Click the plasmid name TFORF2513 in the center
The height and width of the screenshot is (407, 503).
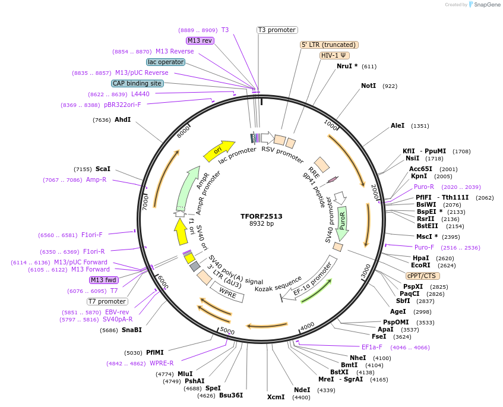tap(262, 216)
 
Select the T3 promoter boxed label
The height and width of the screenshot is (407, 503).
tap(277, 30)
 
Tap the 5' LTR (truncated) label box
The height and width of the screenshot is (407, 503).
tap(329, 45)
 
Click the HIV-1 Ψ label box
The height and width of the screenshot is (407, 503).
tap(335, 55)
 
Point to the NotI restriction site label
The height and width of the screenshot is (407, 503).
tap(368, 86)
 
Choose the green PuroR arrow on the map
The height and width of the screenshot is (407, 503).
tap(342, 221)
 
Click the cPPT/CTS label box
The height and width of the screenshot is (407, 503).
tap(422, 276)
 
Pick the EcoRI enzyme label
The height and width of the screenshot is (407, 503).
tap(420, 266)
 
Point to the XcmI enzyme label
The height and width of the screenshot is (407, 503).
tap(276, 396)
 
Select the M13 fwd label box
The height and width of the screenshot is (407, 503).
tap(103, 280)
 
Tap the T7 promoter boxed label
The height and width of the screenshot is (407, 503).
tap(107, 301)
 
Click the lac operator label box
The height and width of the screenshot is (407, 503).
tap(165, 62)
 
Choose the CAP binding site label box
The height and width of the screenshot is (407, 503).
tap(137, 83)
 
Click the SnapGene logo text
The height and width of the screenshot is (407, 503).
tap(486, 5)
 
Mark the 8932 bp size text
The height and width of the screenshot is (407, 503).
tap(262, 224)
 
